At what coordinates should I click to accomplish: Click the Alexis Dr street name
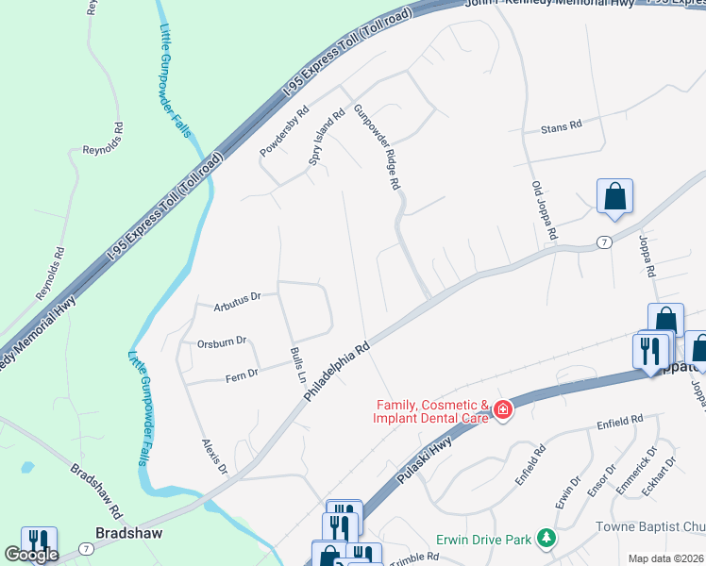point(215,456)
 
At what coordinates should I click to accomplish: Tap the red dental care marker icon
point(502,408)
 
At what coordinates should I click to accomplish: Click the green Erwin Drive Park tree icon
point(545,538)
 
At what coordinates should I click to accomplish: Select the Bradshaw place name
point(130,532)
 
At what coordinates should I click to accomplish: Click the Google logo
point(31,554)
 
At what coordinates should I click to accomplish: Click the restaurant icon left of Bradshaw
point(39,540)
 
